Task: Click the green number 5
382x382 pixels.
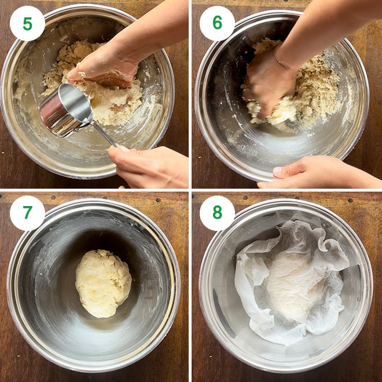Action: (x=28, y=24)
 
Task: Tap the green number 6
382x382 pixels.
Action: (x=217, y=23)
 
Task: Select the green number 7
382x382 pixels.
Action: (x=28, y=212)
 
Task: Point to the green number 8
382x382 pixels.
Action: (x=217, y=212)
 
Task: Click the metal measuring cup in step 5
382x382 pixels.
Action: (x=66, y=109)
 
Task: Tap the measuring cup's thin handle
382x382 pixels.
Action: (x=105, y=135)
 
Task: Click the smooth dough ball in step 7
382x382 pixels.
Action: (x=103, y=284)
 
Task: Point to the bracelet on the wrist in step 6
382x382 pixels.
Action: (x=280, y=60)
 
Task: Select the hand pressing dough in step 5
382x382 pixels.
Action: (x=102, y=71)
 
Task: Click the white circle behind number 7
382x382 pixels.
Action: (x=27, y=213)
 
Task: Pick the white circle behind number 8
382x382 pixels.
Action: (x=217, y=213)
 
